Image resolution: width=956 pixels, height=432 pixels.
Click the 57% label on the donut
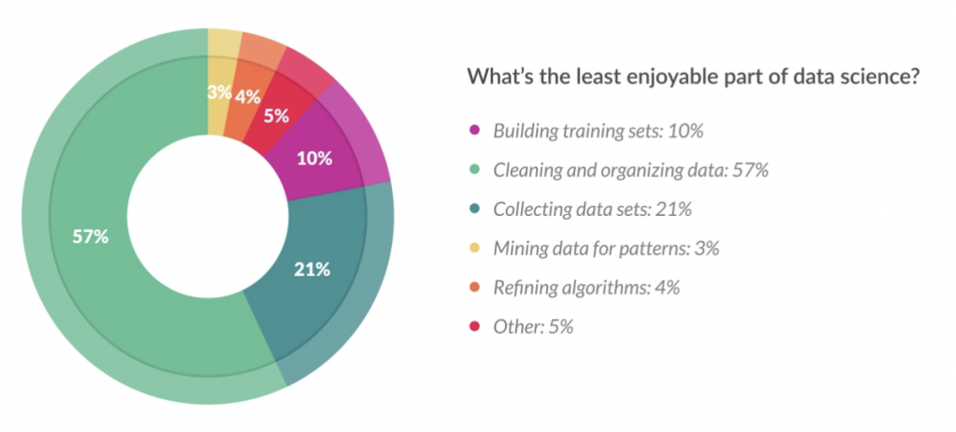[91, 237]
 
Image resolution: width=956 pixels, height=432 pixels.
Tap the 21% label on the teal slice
[312, 270]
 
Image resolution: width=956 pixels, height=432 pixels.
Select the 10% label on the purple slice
[315, 158]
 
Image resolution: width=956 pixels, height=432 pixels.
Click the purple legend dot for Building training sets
[473, 131]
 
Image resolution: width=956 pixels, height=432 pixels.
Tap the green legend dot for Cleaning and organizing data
[473, 170]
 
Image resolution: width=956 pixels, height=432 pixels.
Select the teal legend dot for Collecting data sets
[473, 209]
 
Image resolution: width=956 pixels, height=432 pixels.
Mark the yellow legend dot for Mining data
[473, 249]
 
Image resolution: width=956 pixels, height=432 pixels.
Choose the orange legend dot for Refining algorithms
[473, 288]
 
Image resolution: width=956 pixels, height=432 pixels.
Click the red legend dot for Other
[473, 327]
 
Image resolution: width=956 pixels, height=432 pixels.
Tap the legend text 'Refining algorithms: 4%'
[586, 288]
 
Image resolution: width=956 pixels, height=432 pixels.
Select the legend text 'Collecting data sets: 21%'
[592, 209]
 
